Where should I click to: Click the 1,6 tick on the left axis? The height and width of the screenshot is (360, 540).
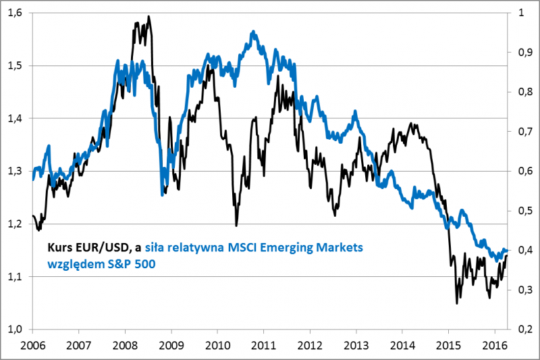click(x=16, y=13)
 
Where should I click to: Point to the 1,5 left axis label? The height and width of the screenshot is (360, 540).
click(x=16, y=66)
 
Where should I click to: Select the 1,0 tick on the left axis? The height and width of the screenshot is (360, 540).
click(x=16, y=330)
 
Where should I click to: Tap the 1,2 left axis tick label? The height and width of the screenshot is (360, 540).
click(x=16, y=224)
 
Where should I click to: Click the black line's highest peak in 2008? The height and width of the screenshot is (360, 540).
click(x=148, y=16)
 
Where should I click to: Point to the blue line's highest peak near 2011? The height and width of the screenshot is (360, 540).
click(x=252, y=31)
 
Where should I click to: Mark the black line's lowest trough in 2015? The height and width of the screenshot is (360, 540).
click(x=457, y=303)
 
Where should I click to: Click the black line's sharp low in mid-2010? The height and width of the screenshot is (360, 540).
click(x=236, y=226)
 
